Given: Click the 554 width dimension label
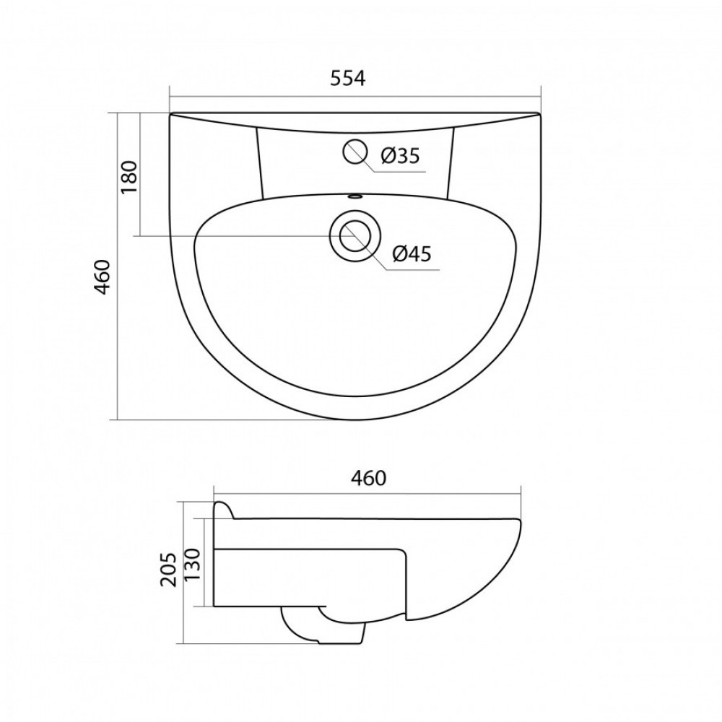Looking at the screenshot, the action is (x=348, y=78).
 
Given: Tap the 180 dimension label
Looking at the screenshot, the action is (x=129, y=177).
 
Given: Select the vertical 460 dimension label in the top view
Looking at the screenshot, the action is (x=102, y=277).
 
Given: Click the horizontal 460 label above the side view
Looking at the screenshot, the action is (x=368, y=478).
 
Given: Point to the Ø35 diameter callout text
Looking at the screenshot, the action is (x=400, y=156).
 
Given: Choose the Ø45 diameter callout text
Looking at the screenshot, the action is (x=412, y=253).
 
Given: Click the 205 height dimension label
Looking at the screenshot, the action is (x=168, y=570).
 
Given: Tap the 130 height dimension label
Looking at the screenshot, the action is (x=192, y=565).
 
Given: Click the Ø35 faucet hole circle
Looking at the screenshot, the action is (x=355, y=152).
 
